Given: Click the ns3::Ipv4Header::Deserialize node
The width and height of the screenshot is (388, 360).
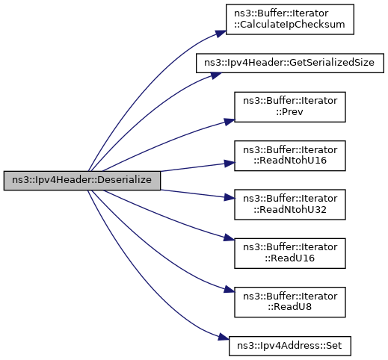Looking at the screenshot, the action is pos(82,181).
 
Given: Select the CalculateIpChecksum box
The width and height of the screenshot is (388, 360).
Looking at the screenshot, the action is pos(290,19).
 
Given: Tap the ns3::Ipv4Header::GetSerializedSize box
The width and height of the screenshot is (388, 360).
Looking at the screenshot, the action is pos(290,63).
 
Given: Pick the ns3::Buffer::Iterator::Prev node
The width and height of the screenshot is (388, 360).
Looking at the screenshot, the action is pos(290,107).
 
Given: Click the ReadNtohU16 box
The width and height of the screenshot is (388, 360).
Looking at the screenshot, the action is pos(290,156).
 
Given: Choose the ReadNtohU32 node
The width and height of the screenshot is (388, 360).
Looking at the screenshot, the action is pos(290,205).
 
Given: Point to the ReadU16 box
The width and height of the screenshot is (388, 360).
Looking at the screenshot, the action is pos(290,253).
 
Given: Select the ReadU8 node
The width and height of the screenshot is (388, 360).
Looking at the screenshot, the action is pos(290,302).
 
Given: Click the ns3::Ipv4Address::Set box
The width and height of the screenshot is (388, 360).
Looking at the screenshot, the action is pos(290,346).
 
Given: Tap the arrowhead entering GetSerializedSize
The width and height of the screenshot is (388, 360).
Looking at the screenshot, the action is pos(215,75).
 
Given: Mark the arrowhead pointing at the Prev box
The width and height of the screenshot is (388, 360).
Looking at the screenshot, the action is pos(230,122).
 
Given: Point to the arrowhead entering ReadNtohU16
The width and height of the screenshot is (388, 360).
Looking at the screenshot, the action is pos(230,164).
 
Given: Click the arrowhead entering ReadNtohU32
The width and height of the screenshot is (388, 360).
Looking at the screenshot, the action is pos(230,197).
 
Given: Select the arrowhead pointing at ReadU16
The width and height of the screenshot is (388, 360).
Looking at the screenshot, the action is pos(230,238).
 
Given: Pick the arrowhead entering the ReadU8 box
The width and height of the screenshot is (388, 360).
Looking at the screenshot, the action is pos(230,290).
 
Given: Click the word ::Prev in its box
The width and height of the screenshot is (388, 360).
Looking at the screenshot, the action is pos(289,112).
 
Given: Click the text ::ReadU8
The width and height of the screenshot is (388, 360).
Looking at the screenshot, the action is pos(290,307).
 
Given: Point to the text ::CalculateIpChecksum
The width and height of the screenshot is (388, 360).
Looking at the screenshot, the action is pos(289,25).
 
